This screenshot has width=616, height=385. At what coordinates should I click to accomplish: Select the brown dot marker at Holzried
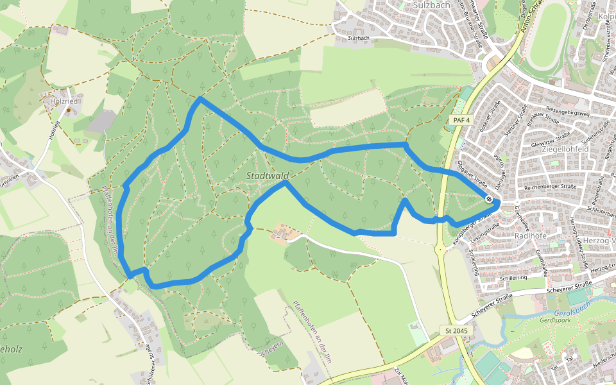[68, 110]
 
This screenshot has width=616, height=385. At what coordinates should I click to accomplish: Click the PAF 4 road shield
[460, 120]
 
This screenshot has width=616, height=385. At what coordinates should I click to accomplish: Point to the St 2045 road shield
[456, 330]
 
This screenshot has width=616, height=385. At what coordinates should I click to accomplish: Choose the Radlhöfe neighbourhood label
[529, 235]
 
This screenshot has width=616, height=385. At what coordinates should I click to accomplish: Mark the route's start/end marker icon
[490, 200]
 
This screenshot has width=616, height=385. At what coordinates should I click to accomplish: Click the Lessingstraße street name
[486, 234]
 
